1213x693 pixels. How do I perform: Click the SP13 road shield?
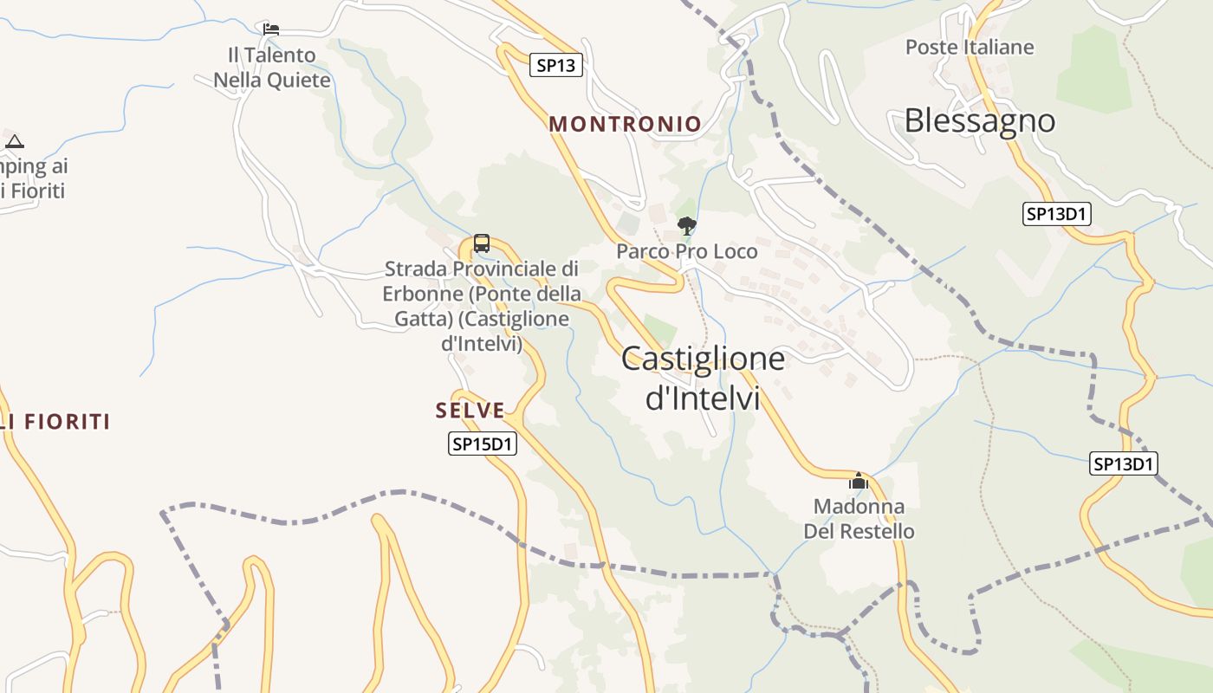point(555,65)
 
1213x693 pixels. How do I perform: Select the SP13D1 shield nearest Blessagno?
point(1056,214)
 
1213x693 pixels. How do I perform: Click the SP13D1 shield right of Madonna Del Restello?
point(1124,464)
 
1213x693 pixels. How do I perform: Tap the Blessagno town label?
point(980,120)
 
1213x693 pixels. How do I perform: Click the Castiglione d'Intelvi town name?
point(703,378)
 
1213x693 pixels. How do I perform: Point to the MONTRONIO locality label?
point(625,124)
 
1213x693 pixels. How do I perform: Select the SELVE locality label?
point(470,411)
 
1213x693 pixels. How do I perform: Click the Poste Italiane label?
point(970,47)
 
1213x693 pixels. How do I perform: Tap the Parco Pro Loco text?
point(687,251)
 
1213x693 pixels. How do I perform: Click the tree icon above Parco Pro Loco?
point(687,226)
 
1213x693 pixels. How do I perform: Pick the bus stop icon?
point(482,243)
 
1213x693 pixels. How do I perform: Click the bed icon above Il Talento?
point(271,29)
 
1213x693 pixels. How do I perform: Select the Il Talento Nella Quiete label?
point(272,68)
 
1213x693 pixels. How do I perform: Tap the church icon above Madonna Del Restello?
point(859,481)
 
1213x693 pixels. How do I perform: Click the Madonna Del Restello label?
point(859,518)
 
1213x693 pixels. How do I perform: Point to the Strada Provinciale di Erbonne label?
point(482,306)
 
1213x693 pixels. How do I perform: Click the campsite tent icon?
point(15,141)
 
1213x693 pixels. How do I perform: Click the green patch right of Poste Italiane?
point(1093,69)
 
